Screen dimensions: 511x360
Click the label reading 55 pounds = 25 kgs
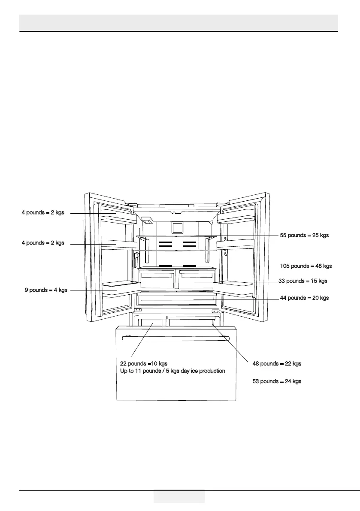tap(304, 235)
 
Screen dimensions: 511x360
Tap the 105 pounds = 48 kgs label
tap(306, 266)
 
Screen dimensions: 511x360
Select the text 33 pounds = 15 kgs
tap(303, 281)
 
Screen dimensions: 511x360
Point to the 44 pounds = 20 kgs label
tap(304, 298)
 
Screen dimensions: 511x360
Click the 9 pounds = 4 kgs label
tap(46, 290)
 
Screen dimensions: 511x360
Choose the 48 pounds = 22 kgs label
tap(277, 363)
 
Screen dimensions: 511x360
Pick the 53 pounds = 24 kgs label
tap(277, 381)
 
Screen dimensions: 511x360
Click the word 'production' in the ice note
tap(212, 371)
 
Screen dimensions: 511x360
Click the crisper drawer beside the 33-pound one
tap(157, 281)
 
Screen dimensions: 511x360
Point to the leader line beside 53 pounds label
tap(234, 381)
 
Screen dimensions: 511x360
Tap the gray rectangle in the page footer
tap(179, 497)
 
